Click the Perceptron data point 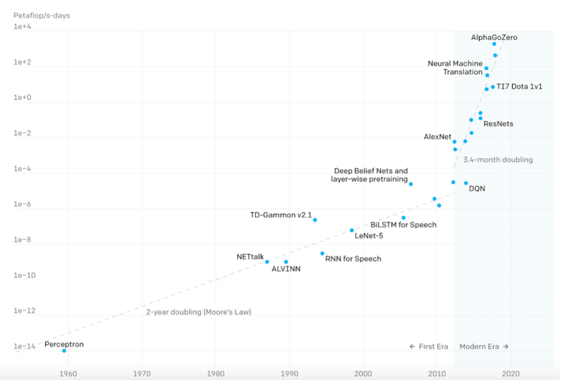tap(64, 350)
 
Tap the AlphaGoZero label tap(494, 37)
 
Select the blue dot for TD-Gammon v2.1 tap(315, 220)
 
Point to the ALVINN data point tap(286, 262)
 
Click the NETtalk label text tap(250, 256)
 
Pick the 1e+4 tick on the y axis tap(24, 26)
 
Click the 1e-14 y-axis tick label tap(25, 346)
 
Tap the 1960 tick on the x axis tap(68, 373)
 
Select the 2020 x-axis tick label tap(511, 373)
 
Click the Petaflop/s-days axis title tap(42, 15)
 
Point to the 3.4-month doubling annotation tap(498, 160)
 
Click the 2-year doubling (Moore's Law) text tap(198, 312)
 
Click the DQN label tap(477, 189)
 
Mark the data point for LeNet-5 tap(352, 230)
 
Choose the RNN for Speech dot tap(322, 253)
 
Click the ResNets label tap(498, 124)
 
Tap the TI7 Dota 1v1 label tap(520, 87)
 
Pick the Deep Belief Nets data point tap(410, 184)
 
